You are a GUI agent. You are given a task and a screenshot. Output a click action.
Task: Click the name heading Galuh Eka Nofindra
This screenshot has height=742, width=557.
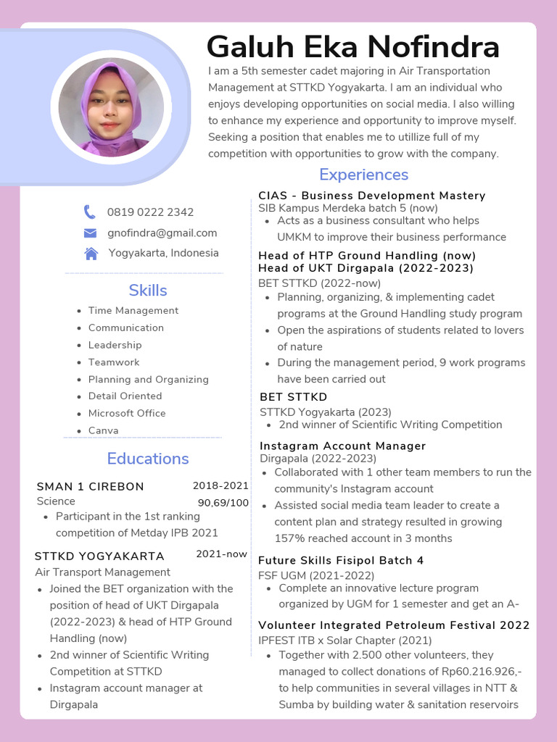pos(352,47)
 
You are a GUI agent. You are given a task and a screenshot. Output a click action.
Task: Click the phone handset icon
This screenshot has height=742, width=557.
pos(90,212)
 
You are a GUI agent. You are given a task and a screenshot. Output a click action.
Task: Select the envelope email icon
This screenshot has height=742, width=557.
pos(90,233)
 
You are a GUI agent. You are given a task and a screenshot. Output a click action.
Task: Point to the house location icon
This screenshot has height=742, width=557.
pos(91,253)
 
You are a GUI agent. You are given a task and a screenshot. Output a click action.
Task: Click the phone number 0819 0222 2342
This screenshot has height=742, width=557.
pos(150,212)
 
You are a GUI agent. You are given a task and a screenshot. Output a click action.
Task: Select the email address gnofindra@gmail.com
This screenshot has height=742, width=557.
pos(162,233)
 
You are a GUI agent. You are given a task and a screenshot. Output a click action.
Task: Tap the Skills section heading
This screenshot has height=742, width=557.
pos(148,291)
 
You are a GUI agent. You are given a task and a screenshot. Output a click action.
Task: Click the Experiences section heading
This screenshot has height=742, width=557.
pos(363,175)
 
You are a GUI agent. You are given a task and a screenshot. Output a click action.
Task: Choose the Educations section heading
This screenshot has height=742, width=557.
pos(148,459)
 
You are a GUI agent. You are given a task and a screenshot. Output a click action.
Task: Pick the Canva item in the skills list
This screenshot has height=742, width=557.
pos(103,430)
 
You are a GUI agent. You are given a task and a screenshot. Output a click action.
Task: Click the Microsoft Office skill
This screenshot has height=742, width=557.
pos(127,413)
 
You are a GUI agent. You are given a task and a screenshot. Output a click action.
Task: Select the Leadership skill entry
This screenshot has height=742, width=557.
pos(115,345)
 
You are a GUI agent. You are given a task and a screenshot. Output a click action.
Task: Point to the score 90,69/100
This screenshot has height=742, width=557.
pos(223,503)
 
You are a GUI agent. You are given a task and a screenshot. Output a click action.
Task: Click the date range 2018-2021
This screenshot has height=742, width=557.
pos(220,485)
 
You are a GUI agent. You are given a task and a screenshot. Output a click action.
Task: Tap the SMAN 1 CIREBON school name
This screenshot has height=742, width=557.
pos(90,486)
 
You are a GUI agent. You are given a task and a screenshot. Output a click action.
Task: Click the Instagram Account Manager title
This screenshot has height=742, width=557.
pos(342,446)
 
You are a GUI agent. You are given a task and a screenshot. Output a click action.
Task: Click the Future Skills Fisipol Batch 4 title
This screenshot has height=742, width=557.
pos(341,560)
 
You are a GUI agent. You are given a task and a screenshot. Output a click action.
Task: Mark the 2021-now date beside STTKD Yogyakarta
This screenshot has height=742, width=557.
pos(221,554)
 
